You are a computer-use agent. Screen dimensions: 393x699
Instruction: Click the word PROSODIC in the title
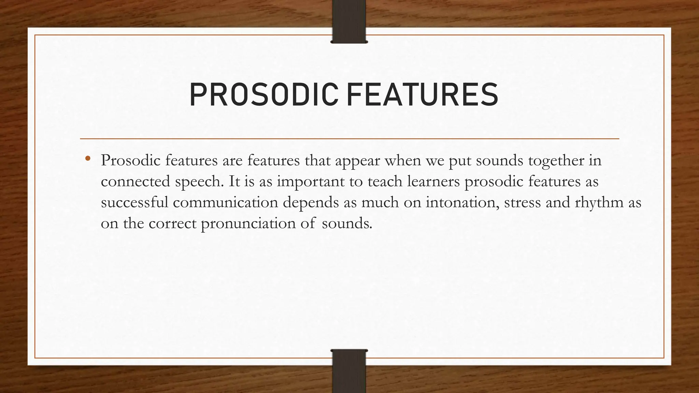pos(263,95)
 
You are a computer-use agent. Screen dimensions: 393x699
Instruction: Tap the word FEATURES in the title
pos(422,95)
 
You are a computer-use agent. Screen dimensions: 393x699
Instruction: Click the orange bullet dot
pos(88,158)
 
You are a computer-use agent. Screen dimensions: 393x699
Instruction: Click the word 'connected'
pos(135,181)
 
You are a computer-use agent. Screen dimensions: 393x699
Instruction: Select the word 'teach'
pos(385,181)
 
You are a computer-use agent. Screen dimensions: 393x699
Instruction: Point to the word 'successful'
pos(134,203)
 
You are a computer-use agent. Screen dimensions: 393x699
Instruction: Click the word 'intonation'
pos(462,203)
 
